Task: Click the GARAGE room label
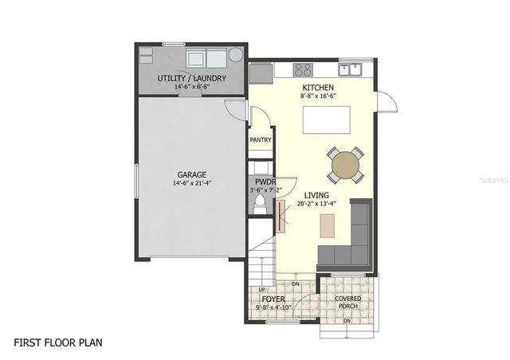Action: [x=191, y=174]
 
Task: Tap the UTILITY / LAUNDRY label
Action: [x=191, y=78]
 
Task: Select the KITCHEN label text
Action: [x=317, y=87]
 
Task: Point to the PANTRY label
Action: [x=261, y=140]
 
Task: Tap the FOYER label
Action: [x=274, y=299]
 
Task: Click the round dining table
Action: [x=346, y=165]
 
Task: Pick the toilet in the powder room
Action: [x=260, y=206]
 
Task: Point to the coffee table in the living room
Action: [x=327, y=227]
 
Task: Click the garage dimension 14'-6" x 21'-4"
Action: [x=191, y=183]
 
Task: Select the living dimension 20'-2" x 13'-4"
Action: [x=316, y=204]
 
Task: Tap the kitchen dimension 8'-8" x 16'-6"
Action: [x=317, y=96]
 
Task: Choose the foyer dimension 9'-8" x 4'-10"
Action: [x=274, y=307]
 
